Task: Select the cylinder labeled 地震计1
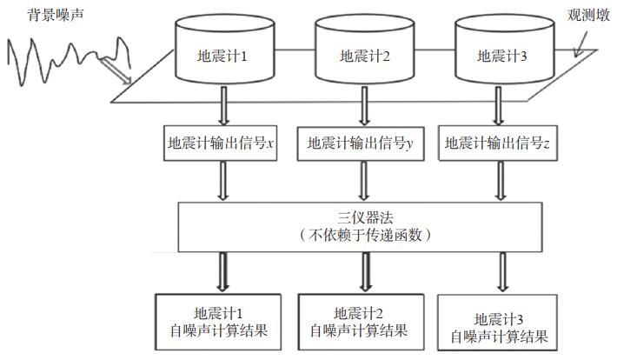pyautogui.click(x=223, y=57)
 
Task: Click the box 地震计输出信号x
pyautogui.click(x=222, y=143)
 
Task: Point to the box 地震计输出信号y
pyautogui.click(x=359, y=143)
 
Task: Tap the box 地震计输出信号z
pyautogui.click(x=496, y=143)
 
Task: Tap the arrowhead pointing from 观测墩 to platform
pyautogui.click(x=578, y=52)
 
